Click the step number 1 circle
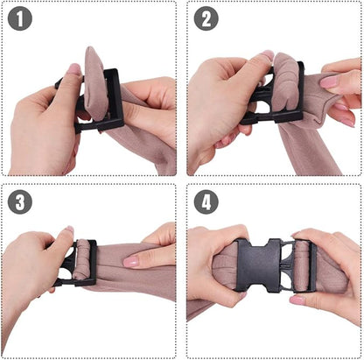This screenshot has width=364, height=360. pyautogui.click(x=20, y=18)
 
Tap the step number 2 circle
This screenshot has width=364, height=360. pyautogui.click(x=206, y=18)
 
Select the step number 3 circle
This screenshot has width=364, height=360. pyautogui.click(x=20, y=201)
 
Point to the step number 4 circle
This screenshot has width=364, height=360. pyautogui.click(x=206, y=201)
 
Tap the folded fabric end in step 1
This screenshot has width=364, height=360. pyautogui.click(x=94, y=83)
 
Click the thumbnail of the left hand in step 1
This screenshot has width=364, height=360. pyautogui.click(x=74, y=69)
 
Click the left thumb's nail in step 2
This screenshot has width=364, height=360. pyautogui.click(x=267, y=55)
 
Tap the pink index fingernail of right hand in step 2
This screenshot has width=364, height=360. pyautogui.click(x=329, y=82)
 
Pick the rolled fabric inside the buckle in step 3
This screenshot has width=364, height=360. pyautogui.click(x=81, y=260)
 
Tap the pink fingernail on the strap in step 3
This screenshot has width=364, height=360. pyautogui.click(x=131, y=261)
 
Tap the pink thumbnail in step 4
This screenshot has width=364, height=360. pyautogui.click(x=297, y=300)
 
